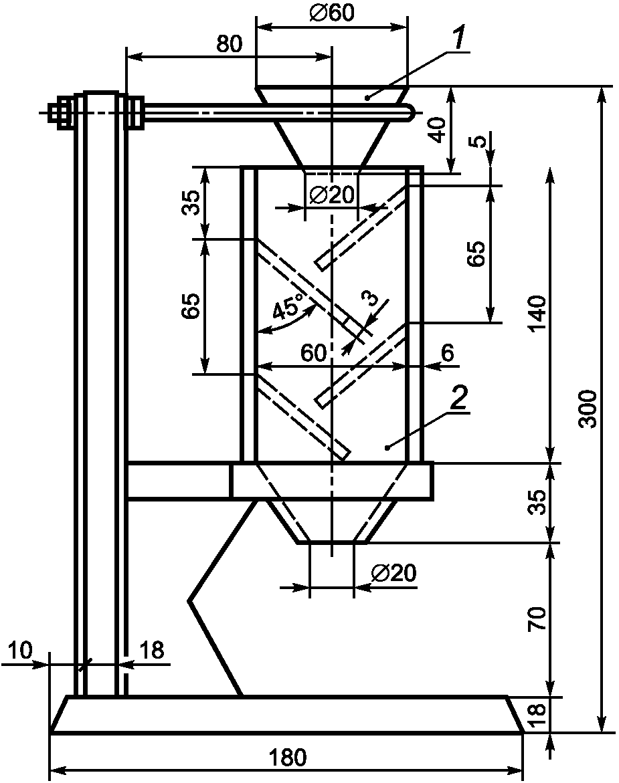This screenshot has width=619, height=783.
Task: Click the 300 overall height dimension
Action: point(589,409)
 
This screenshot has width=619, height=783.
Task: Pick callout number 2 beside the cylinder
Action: point(459,399)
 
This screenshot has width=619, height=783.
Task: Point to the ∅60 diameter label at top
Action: point(332,13)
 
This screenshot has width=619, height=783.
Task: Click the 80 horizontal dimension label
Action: point(230,44)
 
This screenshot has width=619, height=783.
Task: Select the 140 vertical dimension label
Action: point(538,313)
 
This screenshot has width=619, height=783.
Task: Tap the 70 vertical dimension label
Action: point(537,619)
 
